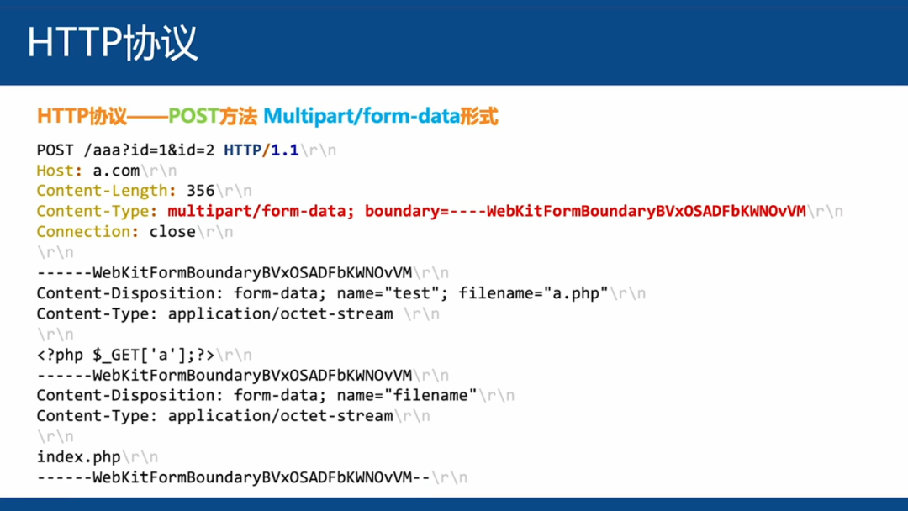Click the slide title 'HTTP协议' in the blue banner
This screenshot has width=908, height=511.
[113, 43]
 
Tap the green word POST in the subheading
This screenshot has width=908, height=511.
[193, 116]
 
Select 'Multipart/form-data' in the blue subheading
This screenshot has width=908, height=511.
[362, 116]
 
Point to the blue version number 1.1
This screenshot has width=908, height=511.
[284, 150]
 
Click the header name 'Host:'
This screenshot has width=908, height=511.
[60, 171]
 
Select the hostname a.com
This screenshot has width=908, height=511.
[116, 171]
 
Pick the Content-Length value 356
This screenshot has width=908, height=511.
[200, 191]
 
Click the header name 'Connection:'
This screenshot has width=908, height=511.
[87, 232]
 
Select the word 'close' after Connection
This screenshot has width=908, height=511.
[172, 232]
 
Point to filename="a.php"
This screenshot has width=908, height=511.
[533, 293]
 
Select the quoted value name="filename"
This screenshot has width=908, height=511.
[407, 395]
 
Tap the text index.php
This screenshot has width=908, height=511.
[79, 457]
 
